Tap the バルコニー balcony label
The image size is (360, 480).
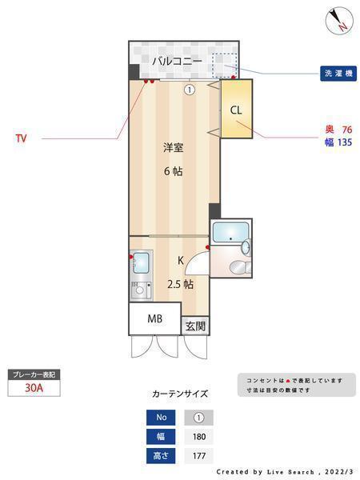pos(178,61)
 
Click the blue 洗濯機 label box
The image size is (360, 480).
pos(338,74)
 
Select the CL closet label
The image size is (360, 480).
pos(236,110)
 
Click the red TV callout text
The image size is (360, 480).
pos(21,138)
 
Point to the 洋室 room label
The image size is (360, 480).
pos(174,147)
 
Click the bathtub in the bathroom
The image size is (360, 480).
pos(230,232)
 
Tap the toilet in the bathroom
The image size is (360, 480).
pos(240,267)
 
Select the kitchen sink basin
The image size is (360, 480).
pos(141,262)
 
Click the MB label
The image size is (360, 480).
pos(155,318)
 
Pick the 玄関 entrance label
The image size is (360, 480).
pos(195,326)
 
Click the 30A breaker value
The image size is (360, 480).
pos(34,388)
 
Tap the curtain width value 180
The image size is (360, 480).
pos(199,437)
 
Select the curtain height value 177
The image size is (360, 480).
pos(199,456)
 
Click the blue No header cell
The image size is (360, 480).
pos(161,418)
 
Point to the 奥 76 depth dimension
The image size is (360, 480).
pos(338,130)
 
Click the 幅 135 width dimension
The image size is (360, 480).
pos(338,142)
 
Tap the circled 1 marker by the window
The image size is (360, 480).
pos(190,90)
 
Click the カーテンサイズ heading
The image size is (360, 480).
pos(180,394)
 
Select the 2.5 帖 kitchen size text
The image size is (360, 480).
pos(180,284)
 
